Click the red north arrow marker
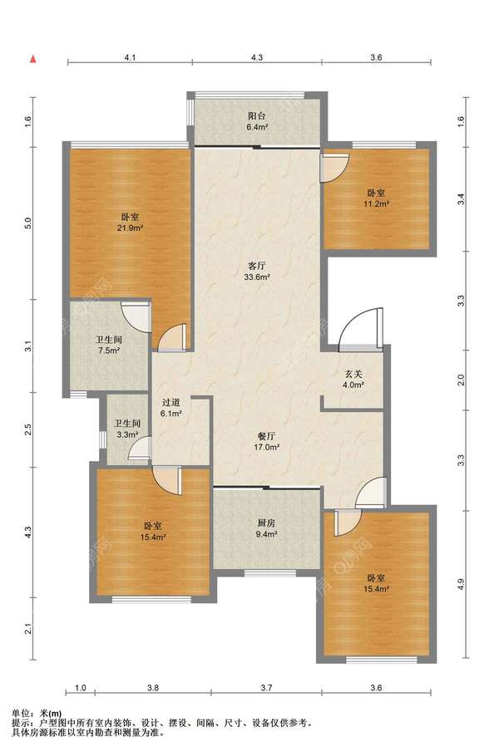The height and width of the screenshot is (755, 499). pos(33,59)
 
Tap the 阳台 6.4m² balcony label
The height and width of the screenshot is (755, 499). pos(257,121)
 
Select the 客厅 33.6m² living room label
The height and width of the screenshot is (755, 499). pos(257,271)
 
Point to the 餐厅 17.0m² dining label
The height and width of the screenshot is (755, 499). pos(267,442)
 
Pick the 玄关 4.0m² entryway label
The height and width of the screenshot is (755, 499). pos(353,379)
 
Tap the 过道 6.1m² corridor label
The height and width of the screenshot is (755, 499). pos(171,407)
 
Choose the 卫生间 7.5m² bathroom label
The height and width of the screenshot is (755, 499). pos(109,345)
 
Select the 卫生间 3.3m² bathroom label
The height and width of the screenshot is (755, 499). pos(126,429)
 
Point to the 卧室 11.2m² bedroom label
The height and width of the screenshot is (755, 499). pos(376,198)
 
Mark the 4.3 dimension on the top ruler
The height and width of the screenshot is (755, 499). pos(257,57)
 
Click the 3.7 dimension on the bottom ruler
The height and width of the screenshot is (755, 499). pos(267,688)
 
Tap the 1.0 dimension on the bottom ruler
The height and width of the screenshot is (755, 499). pos(81,688)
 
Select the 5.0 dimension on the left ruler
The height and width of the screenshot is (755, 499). pos(28,223)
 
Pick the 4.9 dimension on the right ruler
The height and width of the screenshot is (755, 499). pos(461,584)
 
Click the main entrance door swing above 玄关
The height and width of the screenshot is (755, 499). pos(361,328)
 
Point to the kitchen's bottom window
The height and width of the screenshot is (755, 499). pos(269,573)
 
